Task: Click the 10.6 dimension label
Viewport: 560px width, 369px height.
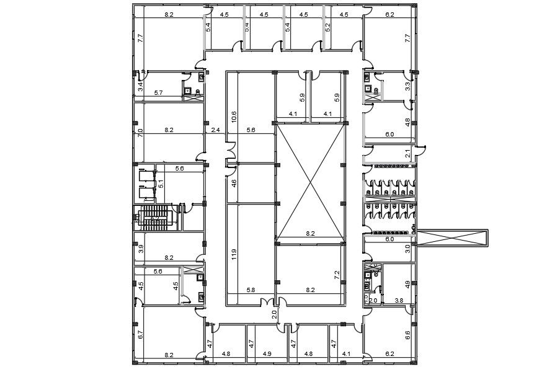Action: point(234,117)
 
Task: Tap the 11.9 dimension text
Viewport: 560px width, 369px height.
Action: point(234,254)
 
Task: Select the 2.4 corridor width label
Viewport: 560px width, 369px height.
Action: point(216,130)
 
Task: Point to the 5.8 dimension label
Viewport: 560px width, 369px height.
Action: point(251,290)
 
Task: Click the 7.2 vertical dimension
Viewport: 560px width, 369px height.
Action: point(337,275)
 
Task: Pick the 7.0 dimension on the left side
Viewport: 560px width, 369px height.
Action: point(141,133)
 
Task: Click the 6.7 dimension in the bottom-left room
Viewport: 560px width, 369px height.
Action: point(141,336)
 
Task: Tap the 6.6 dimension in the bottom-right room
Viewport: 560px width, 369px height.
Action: point(407,336)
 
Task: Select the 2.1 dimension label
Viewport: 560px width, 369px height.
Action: point(407,153)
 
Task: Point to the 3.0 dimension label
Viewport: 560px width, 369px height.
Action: point(407,249)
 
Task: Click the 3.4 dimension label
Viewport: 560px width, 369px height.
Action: point(141,86)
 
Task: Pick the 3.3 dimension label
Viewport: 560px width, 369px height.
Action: point(407,86)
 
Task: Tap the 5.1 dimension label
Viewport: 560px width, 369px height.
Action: point(161,184)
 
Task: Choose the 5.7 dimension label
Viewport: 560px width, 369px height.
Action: point(158,93)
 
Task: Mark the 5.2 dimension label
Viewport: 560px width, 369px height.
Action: point(328,27)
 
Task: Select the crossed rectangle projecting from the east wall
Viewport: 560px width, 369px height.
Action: point(453,238)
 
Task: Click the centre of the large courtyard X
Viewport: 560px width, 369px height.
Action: point(309,180)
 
